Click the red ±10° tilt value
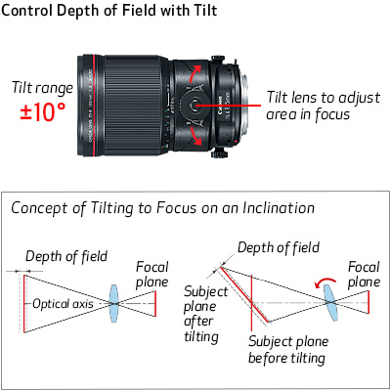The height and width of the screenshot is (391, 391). (43, 111)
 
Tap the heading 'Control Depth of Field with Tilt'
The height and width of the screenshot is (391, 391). (109, 10)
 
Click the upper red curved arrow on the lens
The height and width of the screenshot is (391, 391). (195, 73)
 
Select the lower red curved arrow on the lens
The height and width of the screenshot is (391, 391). (195, 136)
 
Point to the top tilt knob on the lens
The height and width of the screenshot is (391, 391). (217, 60)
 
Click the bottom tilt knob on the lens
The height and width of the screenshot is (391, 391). (218, 152)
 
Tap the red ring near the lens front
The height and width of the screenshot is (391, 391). (94, 106)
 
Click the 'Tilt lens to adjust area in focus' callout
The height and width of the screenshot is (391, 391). (323, 106)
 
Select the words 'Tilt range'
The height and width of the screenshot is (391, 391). (42, 88)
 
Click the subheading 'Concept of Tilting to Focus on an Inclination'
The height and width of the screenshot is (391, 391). (163, 208)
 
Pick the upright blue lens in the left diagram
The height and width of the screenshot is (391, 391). (113, 303)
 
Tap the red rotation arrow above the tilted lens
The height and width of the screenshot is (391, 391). (325, 282)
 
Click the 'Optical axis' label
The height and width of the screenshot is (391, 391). (63, 304)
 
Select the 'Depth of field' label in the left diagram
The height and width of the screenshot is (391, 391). (66, 256)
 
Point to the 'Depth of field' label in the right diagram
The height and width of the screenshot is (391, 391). (279, 247)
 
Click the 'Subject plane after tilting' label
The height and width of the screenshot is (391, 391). (206, 314)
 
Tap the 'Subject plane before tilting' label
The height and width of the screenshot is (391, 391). (288, 350)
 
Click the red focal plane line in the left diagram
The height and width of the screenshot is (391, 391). (155, 303)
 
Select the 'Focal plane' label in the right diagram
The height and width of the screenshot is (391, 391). (364, 275)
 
